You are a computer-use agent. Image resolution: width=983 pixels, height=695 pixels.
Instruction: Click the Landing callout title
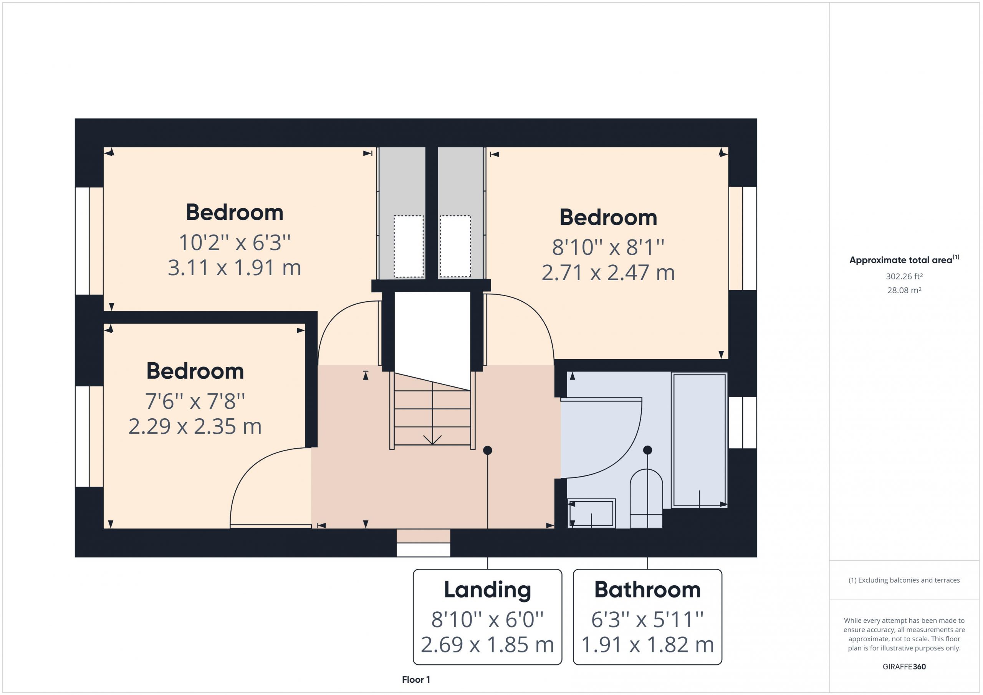click(x=487, y=591)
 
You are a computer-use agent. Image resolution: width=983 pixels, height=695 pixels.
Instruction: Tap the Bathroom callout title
click(x=647, y=590)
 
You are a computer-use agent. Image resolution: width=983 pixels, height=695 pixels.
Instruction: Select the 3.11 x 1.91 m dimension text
click(x=234, y=268)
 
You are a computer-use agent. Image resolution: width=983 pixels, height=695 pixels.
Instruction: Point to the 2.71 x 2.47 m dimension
click(x=608, y=272)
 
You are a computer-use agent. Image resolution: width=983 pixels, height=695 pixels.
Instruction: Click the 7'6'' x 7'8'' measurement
click(x=195, y=401)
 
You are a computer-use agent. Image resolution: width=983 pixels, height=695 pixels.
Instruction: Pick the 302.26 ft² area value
click(x=904, y=276)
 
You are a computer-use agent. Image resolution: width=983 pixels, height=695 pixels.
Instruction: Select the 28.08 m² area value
click(x=904, y=290)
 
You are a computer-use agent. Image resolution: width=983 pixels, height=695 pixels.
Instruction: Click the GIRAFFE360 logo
click(x=904, y=667)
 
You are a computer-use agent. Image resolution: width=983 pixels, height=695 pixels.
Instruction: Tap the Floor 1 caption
click(x=416, y=680)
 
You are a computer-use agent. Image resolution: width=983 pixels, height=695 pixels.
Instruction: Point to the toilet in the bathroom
click(x=647, y=499)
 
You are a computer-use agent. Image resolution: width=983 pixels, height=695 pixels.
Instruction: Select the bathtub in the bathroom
click(x=699, y=440)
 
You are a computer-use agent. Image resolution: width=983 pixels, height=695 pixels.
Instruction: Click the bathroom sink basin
click(x=591, y=513)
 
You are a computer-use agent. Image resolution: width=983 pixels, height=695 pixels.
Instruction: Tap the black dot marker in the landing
click(x=487, y=450)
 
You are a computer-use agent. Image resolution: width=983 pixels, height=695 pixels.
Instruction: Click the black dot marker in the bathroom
click(x=647, y=450)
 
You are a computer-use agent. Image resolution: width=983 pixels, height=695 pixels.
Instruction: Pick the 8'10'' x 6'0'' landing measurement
click(x=487, y=620)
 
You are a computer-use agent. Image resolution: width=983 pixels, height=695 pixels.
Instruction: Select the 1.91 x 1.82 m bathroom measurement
click(x=647, y=645)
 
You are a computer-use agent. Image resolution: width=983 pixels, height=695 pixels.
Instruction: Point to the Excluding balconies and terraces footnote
click(x=904, y=580)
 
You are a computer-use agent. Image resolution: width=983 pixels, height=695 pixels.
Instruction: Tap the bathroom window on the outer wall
click(x=743, y=423)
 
